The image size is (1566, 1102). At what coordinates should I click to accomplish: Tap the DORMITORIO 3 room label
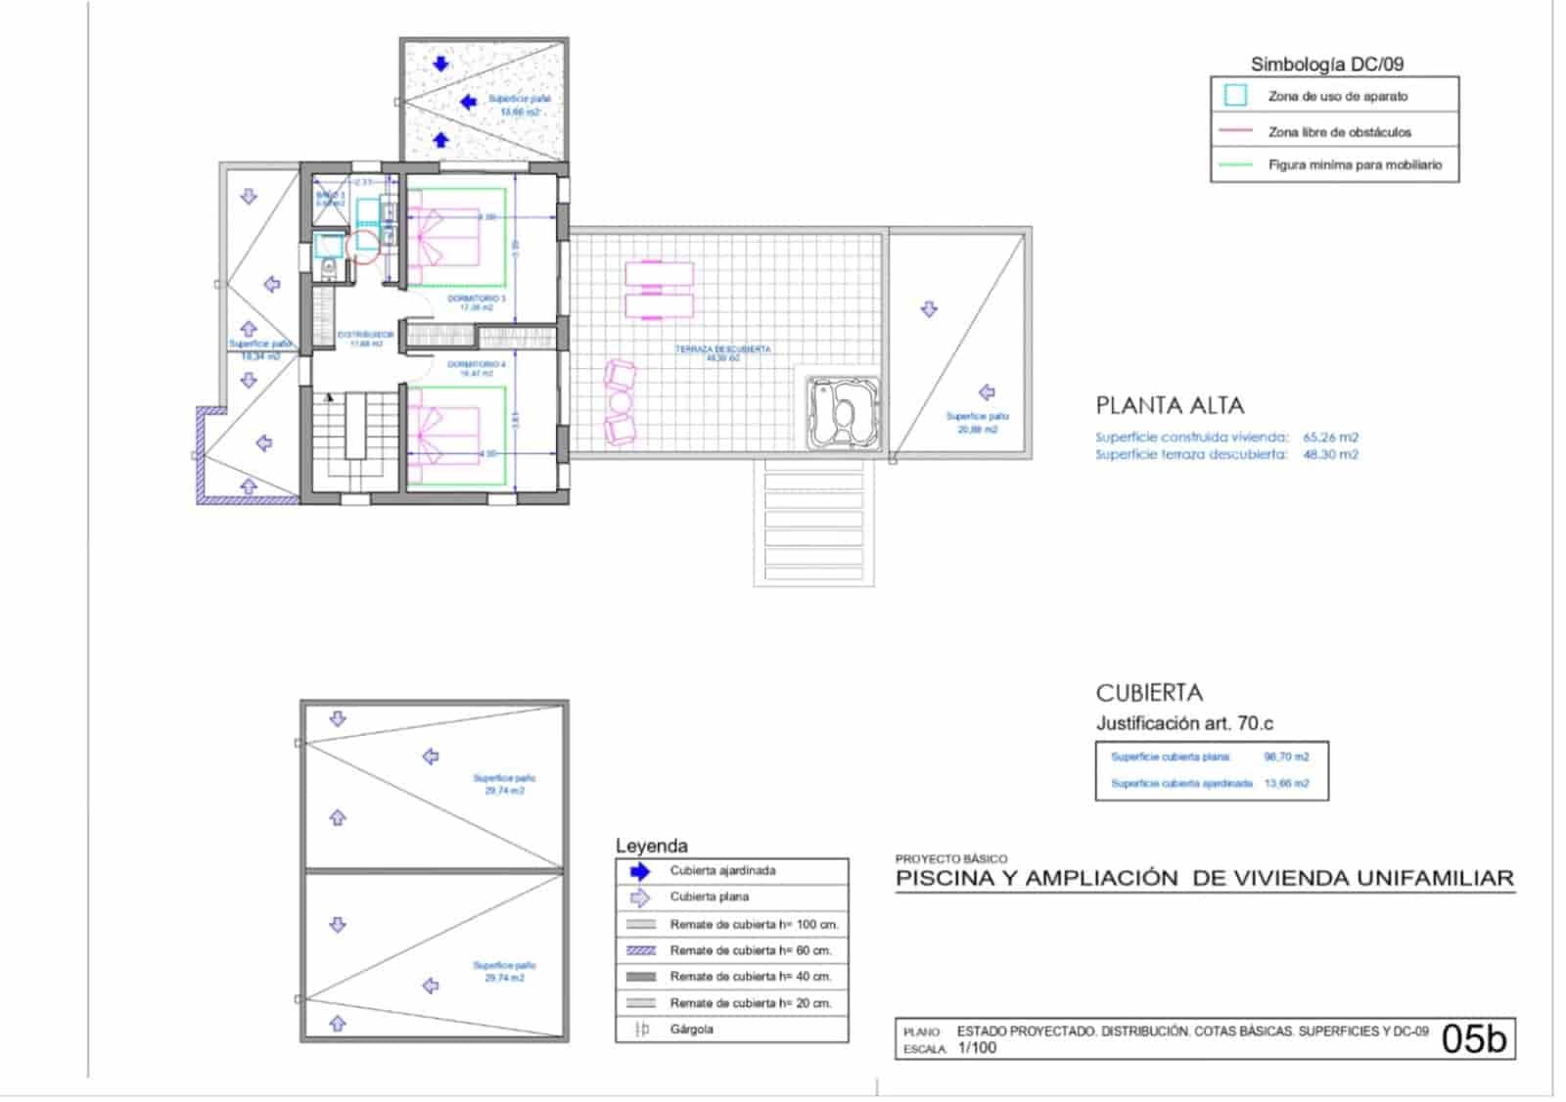point(477,298)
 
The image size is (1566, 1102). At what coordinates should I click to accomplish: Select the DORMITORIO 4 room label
point(477,364)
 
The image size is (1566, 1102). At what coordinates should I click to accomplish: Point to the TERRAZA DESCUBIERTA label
point(722,349)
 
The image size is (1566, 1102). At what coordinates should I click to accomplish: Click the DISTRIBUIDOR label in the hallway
point(365,335)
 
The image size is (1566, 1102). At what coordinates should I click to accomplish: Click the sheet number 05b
point(1473,1038)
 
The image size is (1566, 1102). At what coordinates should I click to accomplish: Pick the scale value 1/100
point(977,1048)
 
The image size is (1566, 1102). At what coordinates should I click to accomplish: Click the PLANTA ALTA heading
point(1169,405)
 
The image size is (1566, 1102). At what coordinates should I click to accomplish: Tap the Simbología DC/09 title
point(1326,65)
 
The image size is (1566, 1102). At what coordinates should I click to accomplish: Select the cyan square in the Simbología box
point(1235,96)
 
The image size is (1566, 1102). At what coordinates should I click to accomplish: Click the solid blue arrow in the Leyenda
point(640,871)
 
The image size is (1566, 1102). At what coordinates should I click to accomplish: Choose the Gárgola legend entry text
point(691,1030)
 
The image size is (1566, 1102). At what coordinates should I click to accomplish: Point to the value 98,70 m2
point(1286,757)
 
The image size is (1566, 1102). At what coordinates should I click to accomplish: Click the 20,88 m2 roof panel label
point(977,429)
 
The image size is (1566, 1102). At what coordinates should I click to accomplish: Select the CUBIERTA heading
point(1148,693)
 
